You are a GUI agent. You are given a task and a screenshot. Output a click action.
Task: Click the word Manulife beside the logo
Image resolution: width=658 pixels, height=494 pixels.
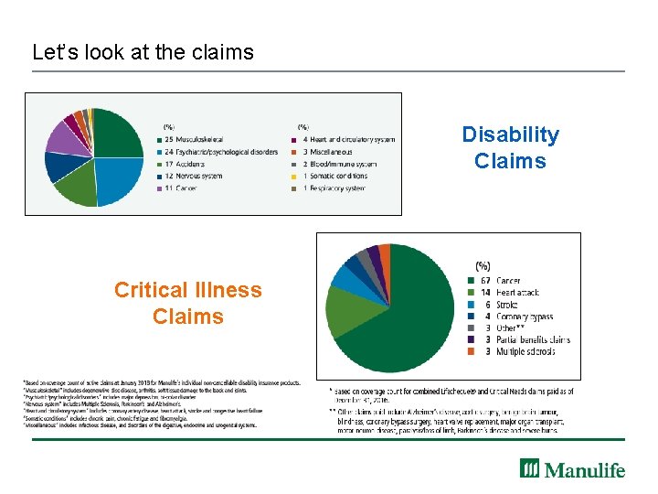tap(585, 470)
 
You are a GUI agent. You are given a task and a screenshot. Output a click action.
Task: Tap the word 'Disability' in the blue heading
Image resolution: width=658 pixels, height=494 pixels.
tap(510, 134)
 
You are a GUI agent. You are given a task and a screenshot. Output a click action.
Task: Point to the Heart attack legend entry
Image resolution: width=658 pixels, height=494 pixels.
tap(516, 293)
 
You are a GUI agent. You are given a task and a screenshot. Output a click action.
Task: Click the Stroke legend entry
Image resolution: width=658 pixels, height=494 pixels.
tap(506, 305)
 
